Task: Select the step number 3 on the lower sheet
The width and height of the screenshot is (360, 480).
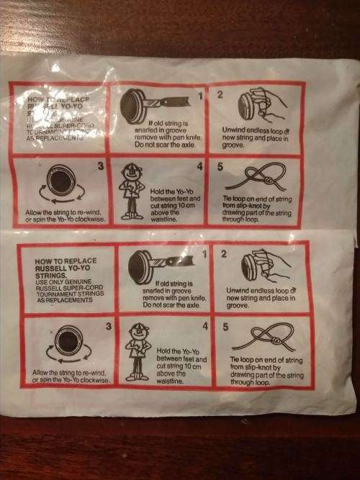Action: click(x=108, y=327)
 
